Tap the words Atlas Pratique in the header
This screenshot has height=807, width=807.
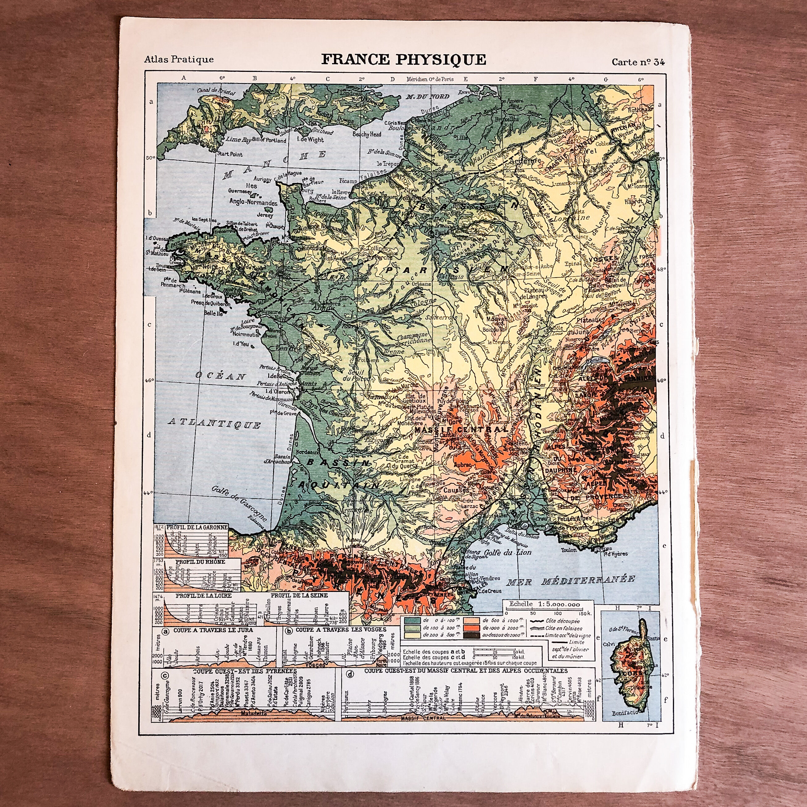[x=179, y=59]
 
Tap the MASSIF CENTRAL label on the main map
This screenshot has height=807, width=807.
[x=461, y=429]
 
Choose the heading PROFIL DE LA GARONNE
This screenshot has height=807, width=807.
[x=197, y=527]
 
